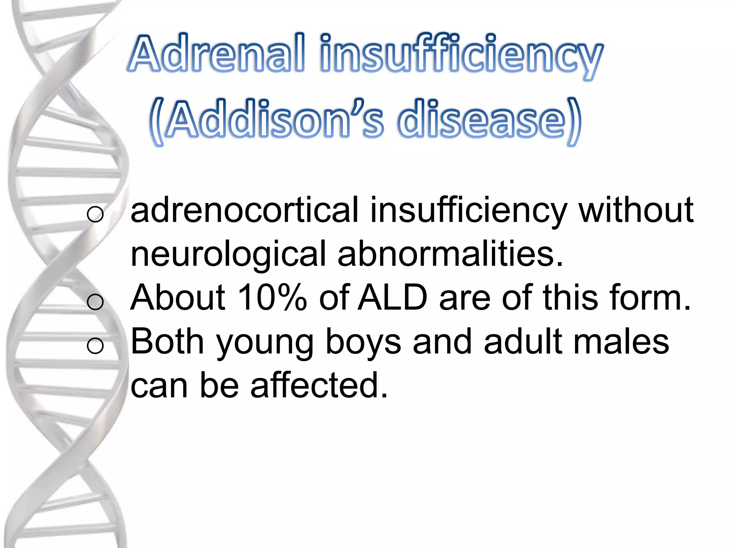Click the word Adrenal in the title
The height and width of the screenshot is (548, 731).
(217, 54)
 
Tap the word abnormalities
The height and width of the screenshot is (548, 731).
(450, 254)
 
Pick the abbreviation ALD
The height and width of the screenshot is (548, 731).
(393, 298)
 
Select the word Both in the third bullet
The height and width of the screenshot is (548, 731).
(167, 341)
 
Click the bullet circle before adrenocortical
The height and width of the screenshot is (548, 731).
(95, 214)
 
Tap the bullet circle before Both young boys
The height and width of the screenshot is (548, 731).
(95, 346)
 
